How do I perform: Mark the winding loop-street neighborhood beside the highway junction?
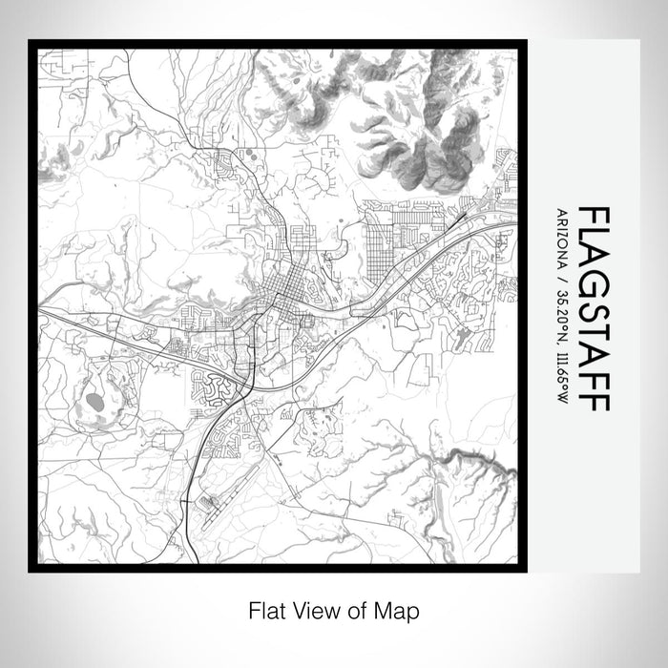click(211, 386)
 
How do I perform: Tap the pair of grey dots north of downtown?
click(250, 154)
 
